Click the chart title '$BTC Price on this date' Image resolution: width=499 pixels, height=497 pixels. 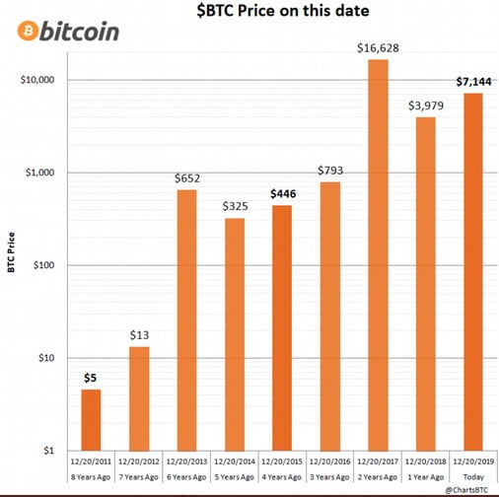[x=283, y=11]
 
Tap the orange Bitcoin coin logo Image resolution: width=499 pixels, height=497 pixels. [x=28, y=31]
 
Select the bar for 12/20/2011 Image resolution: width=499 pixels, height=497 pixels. [x=91, y=420]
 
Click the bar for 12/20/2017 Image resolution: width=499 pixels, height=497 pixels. [x=378, y=255]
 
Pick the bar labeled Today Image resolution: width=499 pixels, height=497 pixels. [x=473, y=272]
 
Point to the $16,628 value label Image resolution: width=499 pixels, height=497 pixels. [x=378, y=48]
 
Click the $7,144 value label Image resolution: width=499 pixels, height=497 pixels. [x=473, y=82]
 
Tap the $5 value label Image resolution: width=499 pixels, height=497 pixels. [x=91, y=378]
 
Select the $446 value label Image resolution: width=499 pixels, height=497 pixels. [x=283, y=194]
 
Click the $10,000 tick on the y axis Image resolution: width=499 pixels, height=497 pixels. [x=37, y=80]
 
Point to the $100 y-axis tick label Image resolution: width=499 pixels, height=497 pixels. [x=43, y=265]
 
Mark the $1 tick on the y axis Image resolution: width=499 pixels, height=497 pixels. [x=48, y=451]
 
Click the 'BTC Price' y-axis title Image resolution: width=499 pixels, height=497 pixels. [x=11, y=252]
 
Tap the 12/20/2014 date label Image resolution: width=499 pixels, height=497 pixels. [x=235, y=461]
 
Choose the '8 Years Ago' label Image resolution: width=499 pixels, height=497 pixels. [x=91, y=477]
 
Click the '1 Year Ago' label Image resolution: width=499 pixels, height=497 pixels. [x=426, y=477]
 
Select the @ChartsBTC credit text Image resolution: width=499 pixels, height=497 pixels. [x=466, y=490]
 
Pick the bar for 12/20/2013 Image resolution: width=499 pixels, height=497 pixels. [x=186, y=320]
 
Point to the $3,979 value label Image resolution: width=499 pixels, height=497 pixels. [x=426, y=106]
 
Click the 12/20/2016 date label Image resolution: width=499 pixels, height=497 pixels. [x=330, y=461]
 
